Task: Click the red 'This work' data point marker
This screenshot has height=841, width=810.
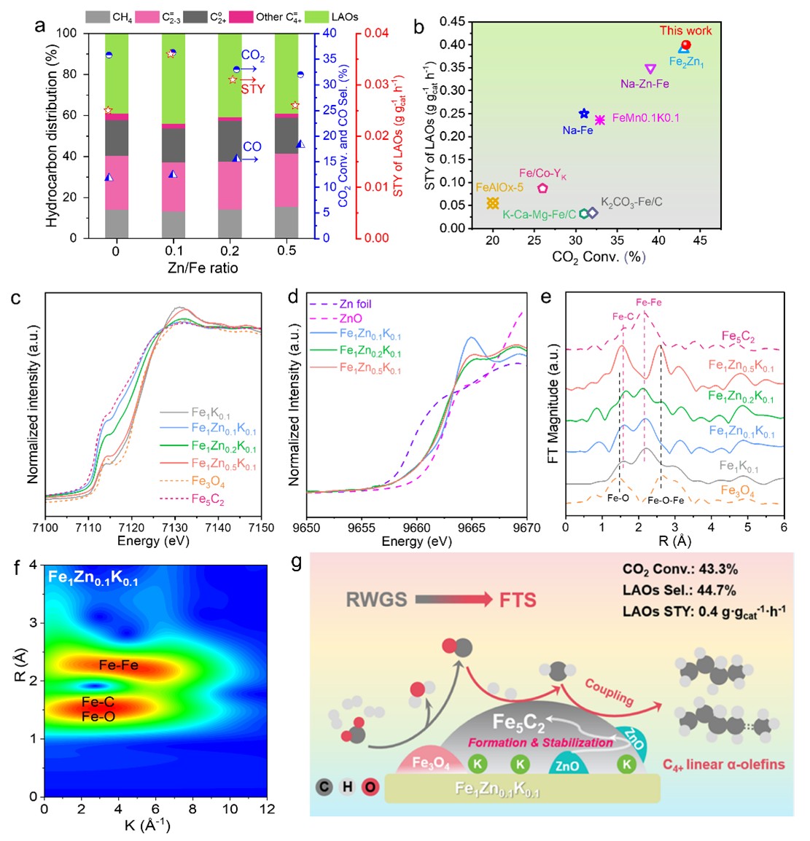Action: [685, 44]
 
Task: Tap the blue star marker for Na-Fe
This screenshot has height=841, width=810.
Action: [583, 114]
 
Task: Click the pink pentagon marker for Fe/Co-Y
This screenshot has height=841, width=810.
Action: [542, 188]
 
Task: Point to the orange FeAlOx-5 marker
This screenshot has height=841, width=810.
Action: [493, 203]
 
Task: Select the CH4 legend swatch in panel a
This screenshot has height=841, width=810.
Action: [98, 16]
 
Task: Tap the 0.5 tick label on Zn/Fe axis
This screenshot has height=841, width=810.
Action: [287, 251]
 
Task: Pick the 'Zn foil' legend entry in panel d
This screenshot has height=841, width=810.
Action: [354, 304]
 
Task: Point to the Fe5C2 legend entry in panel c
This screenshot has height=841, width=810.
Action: [208, 500]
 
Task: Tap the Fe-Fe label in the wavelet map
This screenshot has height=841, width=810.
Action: [119, 665]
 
